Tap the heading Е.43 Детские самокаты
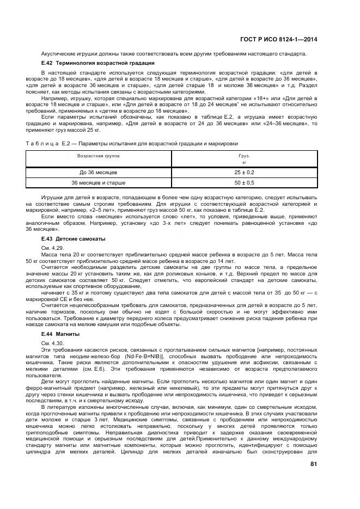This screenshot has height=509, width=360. (73, 239)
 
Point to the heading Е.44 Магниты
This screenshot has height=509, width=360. (60, 333)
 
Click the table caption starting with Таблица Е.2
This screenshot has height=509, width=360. (130, 143)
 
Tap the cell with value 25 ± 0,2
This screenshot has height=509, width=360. (244, 172)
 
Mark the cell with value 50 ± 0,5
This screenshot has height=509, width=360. (244, 182)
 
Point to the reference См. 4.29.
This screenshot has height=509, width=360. (52, 247)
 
